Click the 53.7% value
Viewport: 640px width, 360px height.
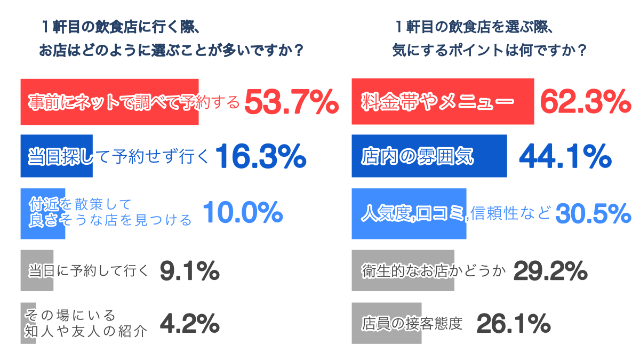pos(291,102)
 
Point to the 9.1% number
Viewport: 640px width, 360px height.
pos(189,271)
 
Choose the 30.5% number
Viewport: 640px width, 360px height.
pos(593,213)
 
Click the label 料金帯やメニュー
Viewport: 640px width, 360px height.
pos(437,101)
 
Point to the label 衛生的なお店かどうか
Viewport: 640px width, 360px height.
pos(433,271)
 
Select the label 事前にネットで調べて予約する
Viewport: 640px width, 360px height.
pos(134,102)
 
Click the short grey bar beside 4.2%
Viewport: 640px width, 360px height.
pos(24,323)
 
